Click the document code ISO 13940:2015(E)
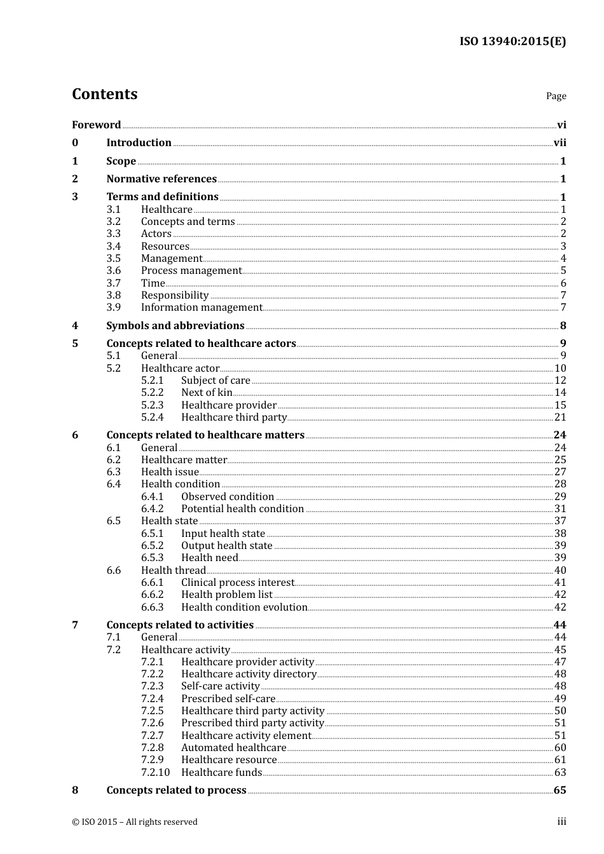tap(512, 42)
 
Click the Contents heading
tap(104, 94)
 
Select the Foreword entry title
tap(96, 125)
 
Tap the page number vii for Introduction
tap(559, 143)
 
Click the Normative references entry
tap(161, 179)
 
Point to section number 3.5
tap(113, 259)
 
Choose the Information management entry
tap(202, 308)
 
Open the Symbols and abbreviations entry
tap(175, 326)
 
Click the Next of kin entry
tap(207, 393)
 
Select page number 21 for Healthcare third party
tap(560, 417)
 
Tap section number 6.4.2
tap(152, 509)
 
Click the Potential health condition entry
tap(242, 509)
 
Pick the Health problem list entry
tap(226, 595)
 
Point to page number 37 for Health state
tap(560, 521)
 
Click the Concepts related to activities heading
tap(180, 625)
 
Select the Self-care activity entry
tap(221, 686)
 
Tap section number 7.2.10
tap(155, 773)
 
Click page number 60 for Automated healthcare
tap(560, 748)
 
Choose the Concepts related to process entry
tap(176, 790)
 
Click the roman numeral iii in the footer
tap(561, 822)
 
